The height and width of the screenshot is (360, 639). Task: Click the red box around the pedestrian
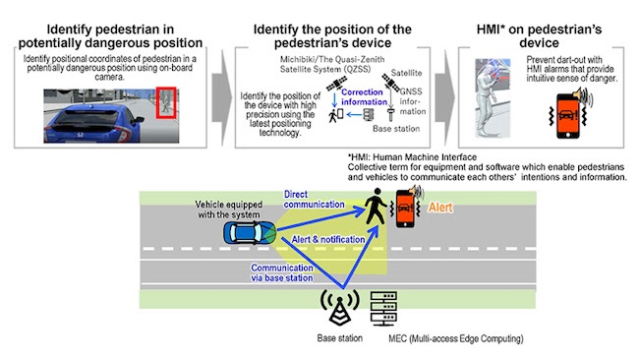168,100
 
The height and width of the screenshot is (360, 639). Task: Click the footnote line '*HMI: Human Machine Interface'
404,155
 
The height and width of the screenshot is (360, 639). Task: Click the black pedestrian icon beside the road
376,208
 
